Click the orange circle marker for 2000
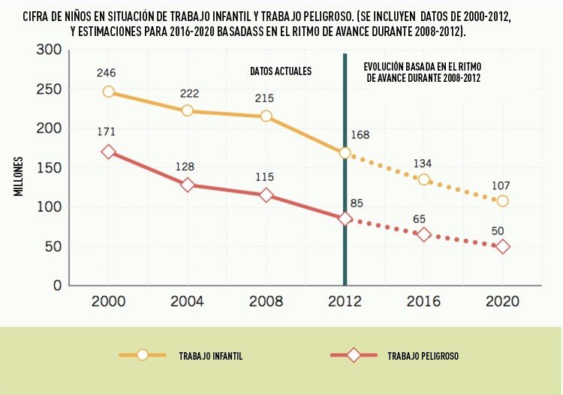coord(108,92)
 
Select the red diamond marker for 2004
coord(187,185)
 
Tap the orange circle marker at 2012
coord(345,153)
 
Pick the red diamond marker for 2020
coord(502,246)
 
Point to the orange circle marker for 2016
coord(423,179)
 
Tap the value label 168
coord(361,135)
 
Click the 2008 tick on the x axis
coord(266,301)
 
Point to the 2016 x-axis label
coord(423,301)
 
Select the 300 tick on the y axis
coord(47,50)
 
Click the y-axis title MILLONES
coord(18,177)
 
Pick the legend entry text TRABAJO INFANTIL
coord(210,355)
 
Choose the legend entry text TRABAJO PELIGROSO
coord(423,355)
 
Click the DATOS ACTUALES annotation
coord(281,71)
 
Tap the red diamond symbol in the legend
coord(353,355)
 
